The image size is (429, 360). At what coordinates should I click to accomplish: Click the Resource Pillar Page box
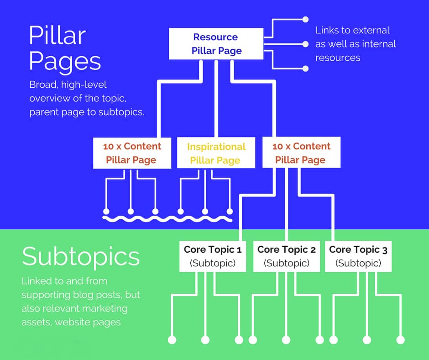(x=216, y=44)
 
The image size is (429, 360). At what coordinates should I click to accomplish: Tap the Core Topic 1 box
(x=212, y=256)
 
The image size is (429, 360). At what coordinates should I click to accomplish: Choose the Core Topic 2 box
(x=286, y=256)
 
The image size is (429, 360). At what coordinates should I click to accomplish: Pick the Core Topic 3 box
(x=358, y=256)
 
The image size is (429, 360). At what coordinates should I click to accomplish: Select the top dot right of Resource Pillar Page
(x=306, y=20)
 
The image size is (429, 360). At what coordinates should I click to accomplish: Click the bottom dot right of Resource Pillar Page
(x=306, y=69)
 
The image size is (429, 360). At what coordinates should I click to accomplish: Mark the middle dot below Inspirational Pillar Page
(x=205, y=212)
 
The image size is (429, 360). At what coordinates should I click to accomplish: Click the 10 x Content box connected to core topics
(x=301, y=153)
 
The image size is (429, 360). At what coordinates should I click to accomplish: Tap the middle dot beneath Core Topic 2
(x=286, y=340)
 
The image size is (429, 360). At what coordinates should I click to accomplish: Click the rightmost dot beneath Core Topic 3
(x=401, y=340)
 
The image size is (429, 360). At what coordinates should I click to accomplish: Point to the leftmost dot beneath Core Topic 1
(x=172, y=340)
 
